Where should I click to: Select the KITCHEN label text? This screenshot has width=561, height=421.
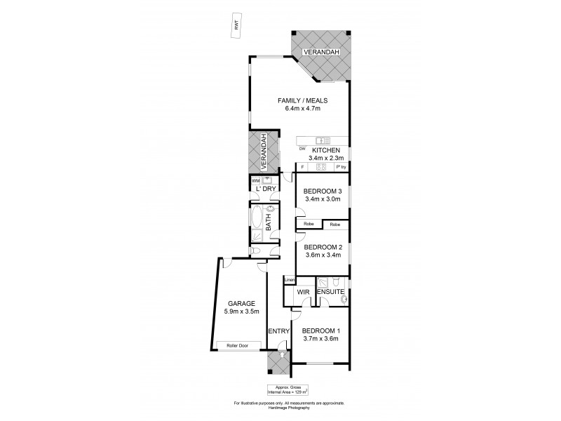point(326,151)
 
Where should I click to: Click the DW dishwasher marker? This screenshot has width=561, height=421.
point(302,149)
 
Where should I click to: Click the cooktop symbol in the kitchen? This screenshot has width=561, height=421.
point(321,167)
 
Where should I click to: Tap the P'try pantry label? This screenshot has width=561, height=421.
point(341,167)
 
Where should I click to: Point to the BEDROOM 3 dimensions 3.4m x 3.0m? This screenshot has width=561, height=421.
point(322,199)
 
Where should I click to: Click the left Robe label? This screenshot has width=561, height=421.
point(309,225)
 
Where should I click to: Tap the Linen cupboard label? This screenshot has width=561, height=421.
point(289,279)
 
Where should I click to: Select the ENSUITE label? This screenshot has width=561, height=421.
point(330,290)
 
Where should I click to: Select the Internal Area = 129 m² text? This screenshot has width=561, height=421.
point(288,392)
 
